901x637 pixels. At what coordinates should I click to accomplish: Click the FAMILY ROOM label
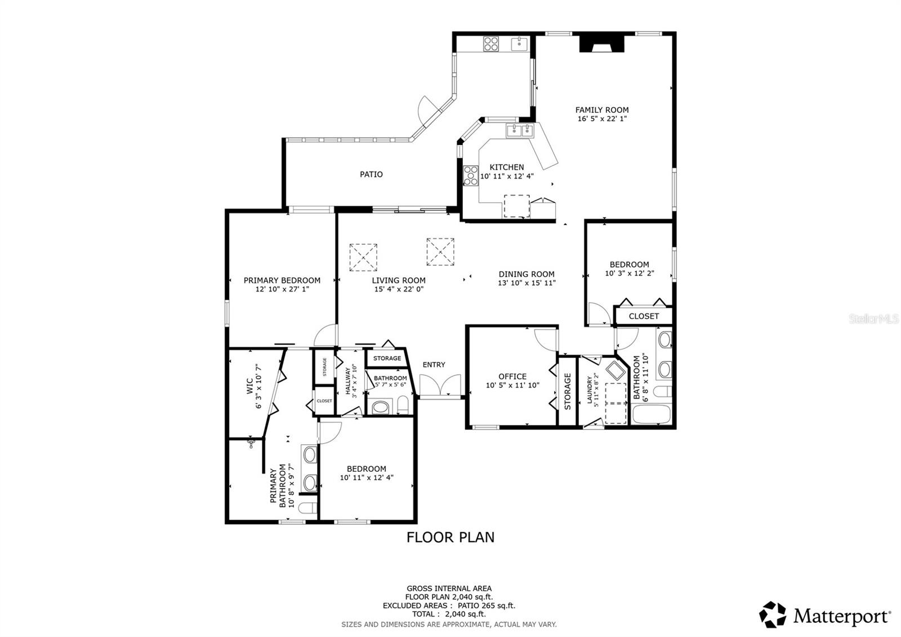(x=601, y=110)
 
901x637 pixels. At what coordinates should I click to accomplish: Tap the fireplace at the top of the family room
(x=602, y=43)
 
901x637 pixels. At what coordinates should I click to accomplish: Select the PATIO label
(x=371, y=174)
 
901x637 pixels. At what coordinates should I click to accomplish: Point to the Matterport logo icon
(x=773, y=614)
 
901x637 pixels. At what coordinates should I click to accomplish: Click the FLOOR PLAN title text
(x=450, y=537)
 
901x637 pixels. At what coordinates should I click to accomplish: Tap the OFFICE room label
(x=512, y=376)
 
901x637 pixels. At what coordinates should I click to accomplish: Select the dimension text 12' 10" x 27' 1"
(x=282, y=289)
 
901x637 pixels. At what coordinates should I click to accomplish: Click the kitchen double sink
(x=519, y=131)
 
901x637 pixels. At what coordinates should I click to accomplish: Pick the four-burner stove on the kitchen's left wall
(x=470, y=175)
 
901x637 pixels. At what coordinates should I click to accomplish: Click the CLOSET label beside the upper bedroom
(x=644, y=316)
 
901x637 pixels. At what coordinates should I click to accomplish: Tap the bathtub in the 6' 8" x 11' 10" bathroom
(x=651, y=414)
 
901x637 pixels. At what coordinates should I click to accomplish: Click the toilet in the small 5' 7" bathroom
(x=403, y=405)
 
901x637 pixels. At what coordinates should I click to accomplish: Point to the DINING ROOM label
(x=527, y=274)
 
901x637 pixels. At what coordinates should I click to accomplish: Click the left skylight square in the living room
(x=363, y=257)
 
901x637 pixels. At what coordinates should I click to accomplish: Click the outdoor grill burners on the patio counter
(x=491, y=43)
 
